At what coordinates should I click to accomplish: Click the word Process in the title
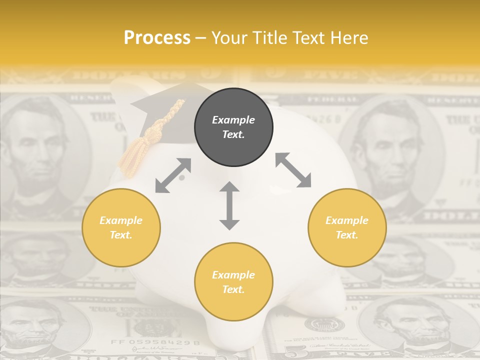[157, 38]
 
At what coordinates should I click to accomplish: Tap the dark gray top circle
[233, 127]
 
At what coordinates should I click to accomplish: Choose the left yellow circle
[121, 228]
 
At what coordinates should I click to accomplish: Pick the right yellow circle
[347, 228]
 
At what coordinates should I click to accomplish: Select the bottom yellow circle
[233, 282]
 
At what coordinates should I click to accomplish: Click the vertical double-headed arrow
[229, 205]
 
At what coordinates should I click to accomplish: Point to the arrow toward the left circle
[173, 175]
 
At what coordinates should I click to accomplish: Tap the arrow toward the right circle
[293, 170]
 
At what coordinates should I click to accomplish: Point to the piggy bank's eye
[182, 177]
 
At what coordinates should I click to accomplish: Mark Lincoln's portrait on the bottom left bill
[35, 327]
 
